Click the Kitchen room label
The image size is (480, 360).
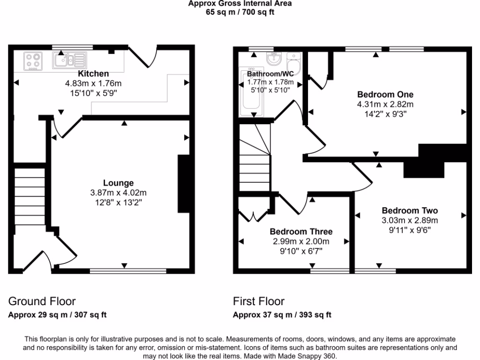tap(93, 74)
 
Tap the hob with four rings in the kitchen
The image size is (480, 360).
tap(33, 61)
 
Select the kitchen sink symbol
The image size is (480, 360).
tap(70, 60)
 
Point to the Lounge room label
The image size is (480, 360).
tap(119, 183)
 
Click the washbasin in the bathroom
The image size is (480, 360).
tap(273, 59)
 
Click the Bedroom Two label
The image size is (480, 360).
tap(410, 211)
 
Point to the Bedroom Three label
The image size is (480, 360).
tap(301, 232)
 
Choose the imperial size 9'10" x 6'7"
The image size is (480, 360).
tap(301, 251)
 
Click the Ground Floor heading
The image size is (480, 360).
tap(42, 301)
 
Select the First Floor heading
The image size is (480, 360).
tap(259, 301)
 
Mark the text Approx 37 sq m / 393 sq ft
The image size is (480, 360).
tap(282, 315)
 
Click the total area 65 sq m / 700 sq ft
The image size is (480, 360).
tap(240, 12)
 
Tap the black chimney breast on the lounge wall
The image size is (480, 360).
tap(183, 184)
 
